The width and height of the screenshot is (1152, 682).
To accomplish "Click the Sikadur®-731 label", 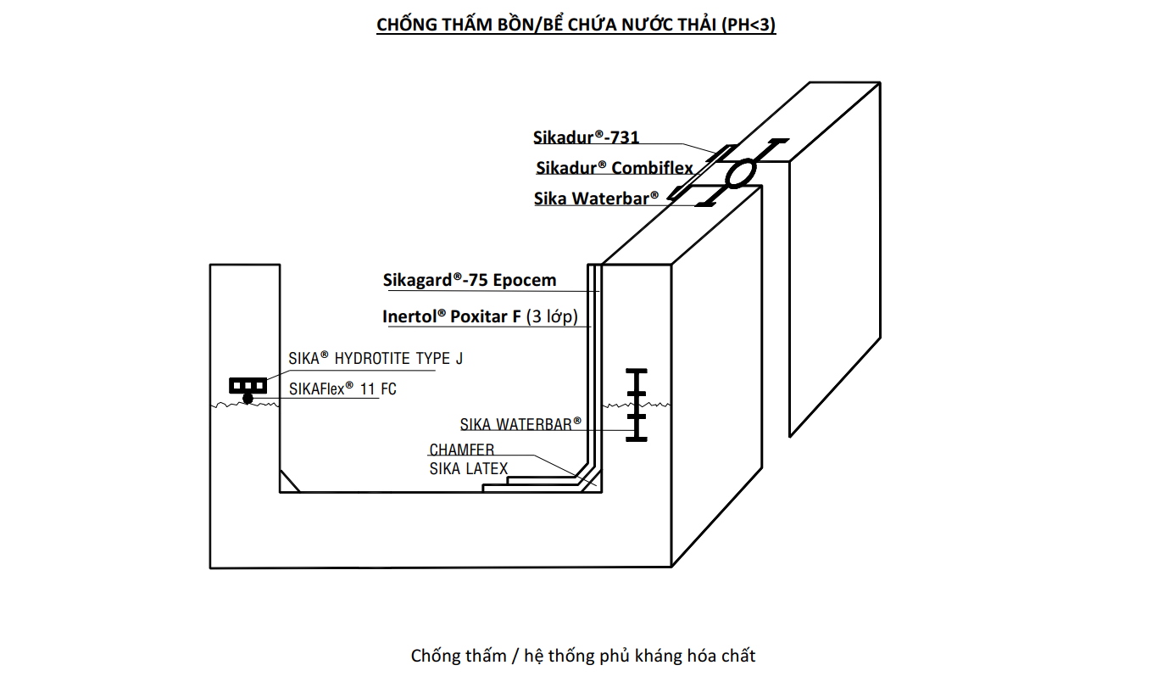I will click(x=586, y=137).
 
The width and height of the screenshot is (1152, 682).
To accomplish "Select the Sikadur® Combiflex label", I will click(x=614, y=168).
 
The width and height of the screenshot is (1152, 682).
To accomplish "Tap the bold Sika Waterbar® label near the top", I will click(x=596, y=198).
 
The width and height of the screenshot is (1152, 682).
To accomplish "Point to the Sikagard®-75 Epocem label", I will click(x=469, y=280).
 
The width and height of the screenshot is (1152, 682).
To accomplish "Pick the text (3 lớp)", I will click(x=552, y=317).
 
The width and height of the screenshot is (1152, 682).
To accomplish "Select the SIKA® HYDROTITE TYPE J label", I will click(x=376, y=359).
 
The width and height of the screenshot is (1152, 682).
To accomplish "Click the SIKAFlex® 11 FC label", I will click(x=342, y=389).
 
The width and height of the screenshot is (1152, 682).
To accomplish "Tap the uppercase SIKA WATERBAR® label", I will click(x=520, y=424).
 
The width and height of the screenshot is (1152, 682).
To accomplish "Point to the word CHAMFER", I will click(x=461, y=450).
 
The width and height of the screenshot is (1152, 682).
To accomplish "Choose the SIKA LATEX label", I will click(x=468, y=468).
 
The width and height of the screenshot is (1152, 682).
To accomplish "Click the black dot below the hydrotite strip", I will click(x=248, y=398).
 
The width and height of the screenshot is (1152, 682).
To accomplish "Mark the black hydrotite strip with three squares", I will click(x=248, y=386).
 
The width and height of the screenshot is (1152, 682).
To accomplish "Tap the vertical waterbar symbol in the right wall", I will click(x=636, y=405).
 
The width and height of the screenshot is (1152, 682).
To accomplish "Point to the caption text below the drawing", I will click(x=582, y=656).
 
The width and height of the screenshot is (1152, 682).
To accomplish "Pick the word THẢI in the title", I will click(x=693, y=25).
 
